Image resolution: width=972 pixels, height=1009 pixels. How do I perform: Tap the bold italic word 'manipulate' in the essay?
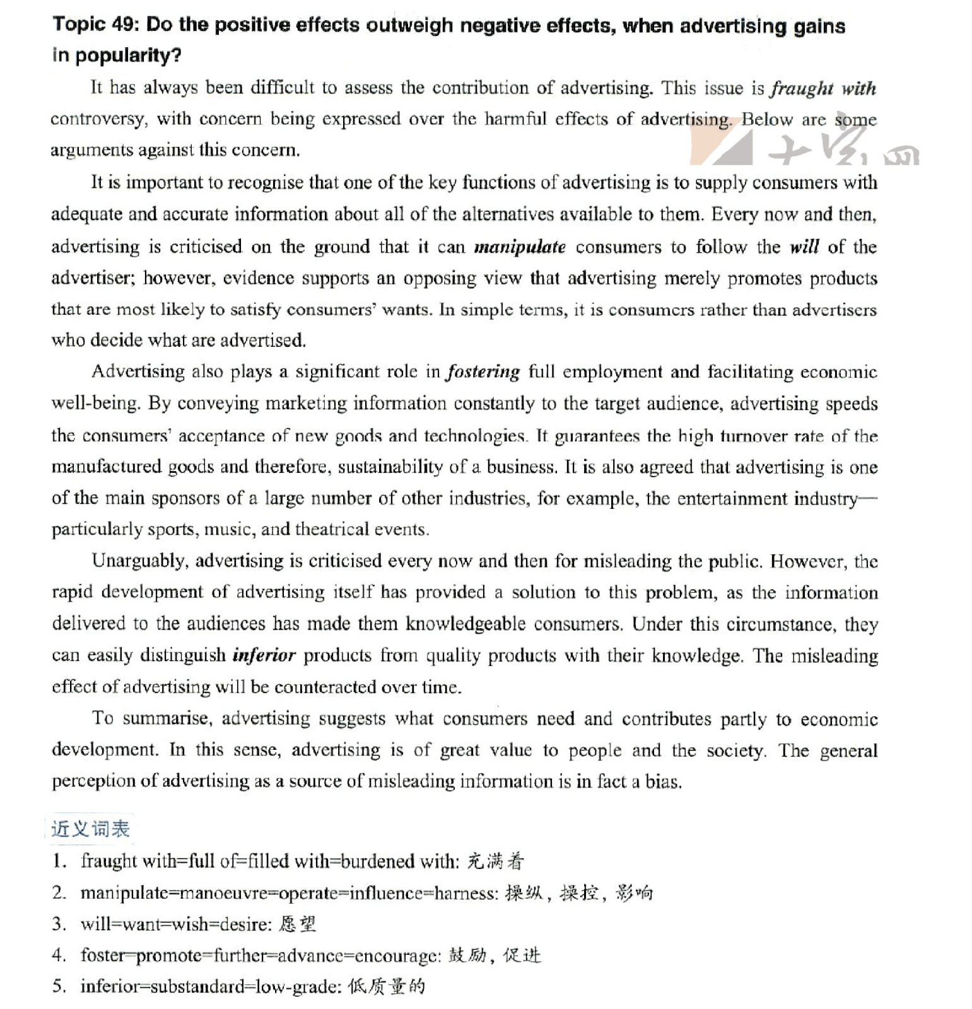click(x=520, y=247)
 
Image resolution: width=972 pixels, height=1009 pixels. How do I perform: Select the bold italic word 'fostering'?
click(x=483, y=372)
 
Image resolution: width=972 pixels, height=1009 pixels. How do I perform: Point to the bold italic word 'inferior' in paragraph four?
click(x=264, y=656)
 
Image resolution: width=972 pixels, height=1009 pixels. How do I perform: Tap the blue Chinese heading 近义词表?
click(x=90, y=829)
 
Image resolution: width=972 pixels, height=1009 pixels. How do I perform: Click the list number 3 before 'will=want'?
click(x=59, y=924)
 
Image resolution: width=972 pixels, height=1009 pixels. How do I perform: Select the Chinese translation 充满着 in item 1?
click(x=496, y=861)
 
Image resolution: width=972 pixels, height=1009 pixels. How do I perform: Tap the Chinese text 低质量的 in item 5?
click(x=387, y=987)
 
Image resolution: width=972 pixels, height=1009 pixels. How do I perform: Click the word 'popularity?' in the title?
click(x=128, y=55)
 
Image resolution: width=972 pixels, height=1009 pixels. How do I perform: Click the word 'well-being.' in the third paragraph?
click(x=95, y=404)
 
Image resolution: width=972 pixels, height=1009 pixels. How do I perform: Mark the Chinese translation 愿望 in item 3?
click(x=297, y=924)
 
